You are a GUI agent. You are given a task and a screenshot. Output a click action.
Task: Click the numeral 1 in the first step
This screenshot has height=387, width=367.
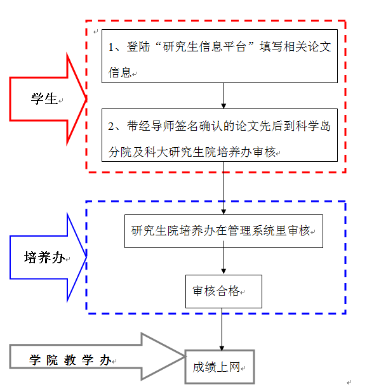click(x=111, y=47)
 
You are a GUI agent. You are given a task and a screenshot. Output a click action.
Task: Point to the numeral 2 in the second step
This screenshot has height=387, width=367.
click(x=111, y=126)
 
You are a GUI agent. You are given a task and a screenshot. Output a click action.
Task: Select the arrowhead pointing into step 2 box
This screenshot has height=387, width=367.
click(x=224, y=106)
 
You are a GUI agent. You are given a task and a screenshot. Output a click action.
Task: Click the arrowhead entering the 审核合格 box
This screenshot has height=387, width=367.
click(x=224, y=272)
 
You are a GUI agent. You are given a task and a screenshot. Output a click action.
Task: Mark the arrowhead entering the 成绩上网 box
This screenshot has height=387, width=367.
click(x=222, y=348)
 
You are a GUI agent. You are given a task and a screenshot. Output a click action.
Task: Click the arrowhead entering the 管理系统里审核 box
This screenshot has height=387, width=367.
click(x=224, y=212)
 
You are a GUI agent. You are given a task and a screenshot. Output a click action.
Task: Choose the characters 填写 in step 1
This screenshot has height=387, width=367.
click(x=271, y=47)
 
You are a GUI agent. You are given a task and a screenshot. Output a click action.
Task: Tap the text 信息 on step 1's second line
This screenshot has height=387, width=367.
click(x=120, y=72)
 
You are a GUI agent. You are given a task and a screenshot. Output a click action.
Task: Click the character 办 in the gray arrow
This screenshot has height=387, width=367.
click(x=105, y=360)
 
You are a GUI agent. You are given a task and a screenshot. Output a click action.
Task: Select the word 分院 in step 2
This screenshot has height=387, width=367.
click(x=120, y=152)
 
